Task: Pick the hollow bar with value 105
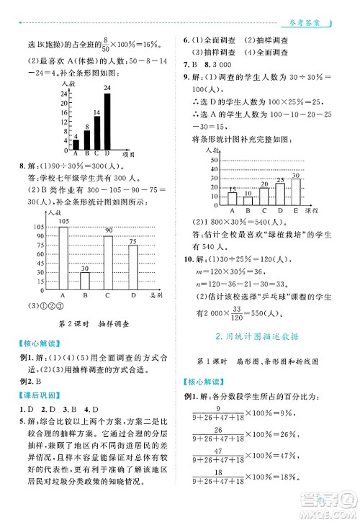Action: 63,257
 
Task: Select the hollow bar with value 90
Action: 108,262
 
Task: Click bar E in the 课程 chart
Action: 296,192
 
